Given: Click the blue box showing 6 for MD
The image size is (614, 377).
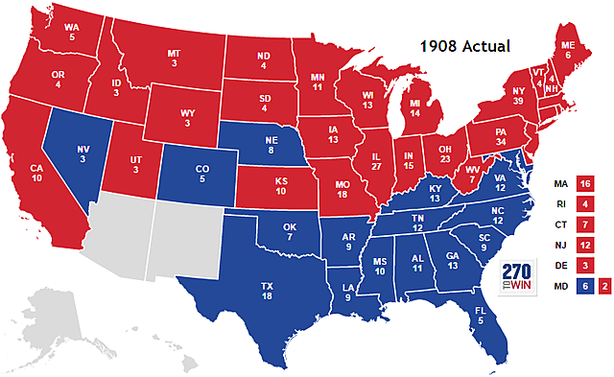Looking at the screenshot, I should coord(585,286).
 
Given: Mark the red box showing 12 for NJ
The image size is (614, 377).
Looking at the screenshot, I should coord(585,244).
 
